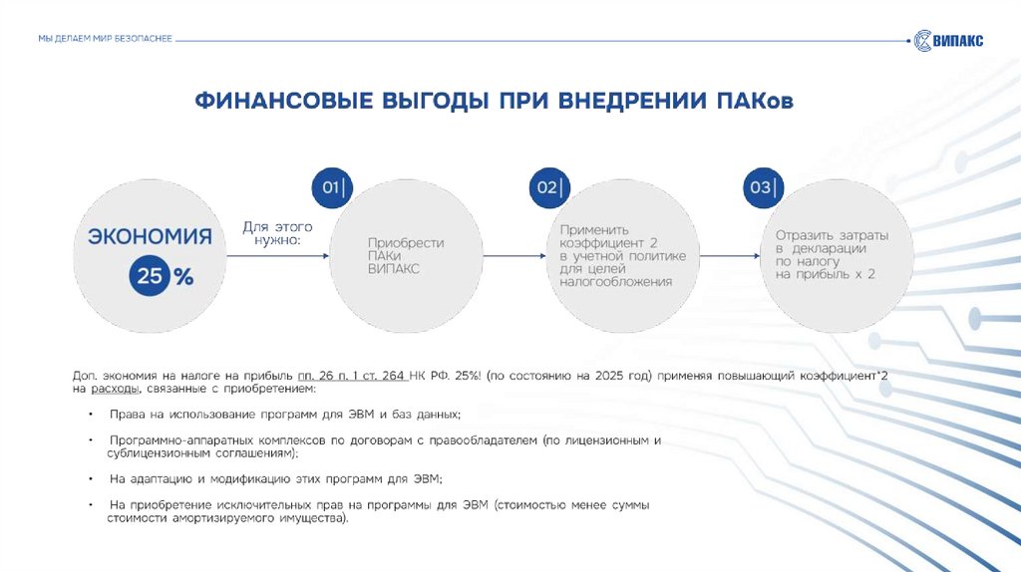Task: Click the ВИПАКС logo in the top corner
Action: point(948,40)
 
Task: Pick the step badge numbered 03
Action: point(764,187)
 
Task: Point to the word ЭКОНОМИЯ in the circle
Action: point(151,236)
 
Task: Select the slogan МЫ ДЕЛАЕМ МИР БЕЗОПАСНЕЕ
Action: point(105,38)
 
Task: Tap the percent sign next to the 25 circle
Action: point(183,278)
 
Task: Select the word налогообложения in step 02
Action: point(615,282)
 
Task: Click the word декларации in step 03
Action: point(831,248)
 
